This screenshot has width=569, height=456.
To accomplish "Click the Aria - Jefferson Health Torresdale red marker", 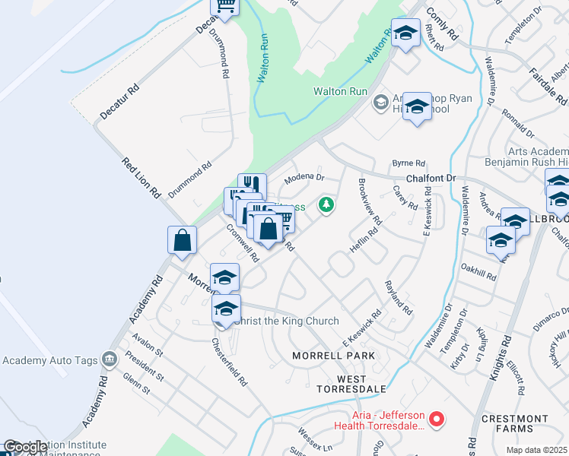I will click(437, 418).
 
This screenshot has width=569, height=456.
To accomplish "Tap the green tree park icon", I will click(326, 204).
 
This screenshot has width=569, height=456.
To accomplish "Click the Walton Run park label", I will click(341, 92).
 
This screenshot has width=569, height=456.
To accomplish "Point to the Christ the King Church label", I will click(286, 321).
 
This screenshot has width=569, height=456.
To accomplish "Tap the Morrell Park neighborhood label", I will click(335, 356).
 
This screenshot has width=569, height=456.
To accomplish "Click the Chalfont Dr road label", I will click(431, 178).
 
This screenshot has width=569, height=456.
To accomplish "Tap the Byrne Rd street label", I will click(408, 163).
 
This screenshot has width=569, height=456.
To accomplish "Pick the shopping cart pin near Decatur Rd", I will click(225, 5).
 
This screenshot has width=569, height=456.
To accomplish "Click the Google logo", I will click(24, 448).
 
